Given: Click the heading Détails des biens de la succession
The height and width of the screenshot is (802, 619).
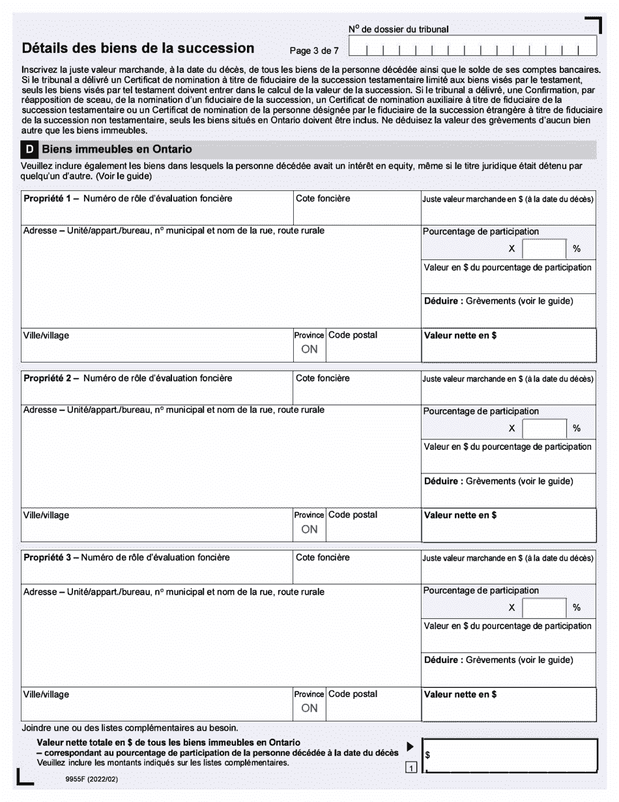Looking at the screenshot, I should click(138, 48).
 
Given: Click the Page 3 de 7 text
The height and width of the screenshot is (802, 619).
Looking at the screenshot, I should click(314, 51).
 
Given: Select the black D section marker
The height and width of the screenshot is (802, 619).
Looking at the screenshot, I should click(29, 149).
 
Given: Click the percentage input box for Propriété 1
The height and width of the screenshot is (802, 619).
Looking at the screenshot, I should click(544, 248).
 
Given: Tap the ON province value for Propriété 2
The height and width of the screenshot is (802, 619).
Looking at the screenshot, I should click(309, 529).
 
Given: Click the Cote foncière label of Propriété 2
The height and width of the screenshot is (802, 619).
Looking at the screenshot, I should click(323, 378).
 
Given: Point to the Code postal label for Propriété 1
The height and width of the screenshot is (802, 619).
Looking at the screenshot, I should click(353, 335).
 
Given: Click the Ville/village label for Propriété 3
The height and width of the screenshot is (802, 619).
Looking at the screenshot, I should click(46, 694).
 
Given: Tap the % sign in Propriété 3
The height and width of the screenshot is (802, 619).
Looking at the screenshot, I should click(577, 608).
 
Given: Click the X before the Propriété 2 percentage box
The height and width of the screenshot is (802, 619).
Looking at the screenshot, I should click(511, 428).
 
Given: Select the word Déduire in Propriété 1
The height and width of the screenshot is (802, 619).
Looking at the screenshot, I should click(443, 301).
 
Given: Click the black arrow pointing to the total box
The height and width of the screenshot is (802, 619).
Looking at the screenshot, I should click(410, 747).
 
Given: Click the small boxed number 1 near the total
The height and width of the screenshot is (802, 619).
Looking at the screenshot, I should click(411, 768).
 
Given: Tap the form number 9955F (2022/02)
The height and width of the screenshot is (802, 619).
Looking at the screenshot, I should click(92, 779).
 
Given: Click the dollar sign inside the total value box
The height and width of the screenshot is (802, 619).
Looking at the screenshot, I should click(427, 756).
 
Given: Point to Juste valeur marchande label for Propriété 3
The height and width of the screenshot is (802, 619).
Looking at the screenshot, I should click(508, 558).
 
